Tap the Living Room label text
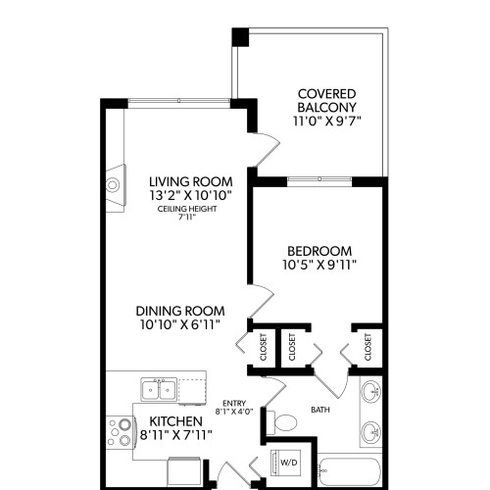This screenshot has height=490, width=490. click(190, 181)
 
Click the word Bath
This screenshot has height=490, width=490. click(319, 410)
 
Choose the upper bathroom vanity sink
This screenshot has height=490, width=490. click(371, 394)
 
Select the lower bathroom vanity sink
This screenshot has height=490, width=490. click(371, 431)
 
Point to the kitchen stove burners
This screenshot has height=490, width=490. click(121, 431)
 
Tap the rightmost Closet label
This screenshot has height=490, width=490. click(367, 345)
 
